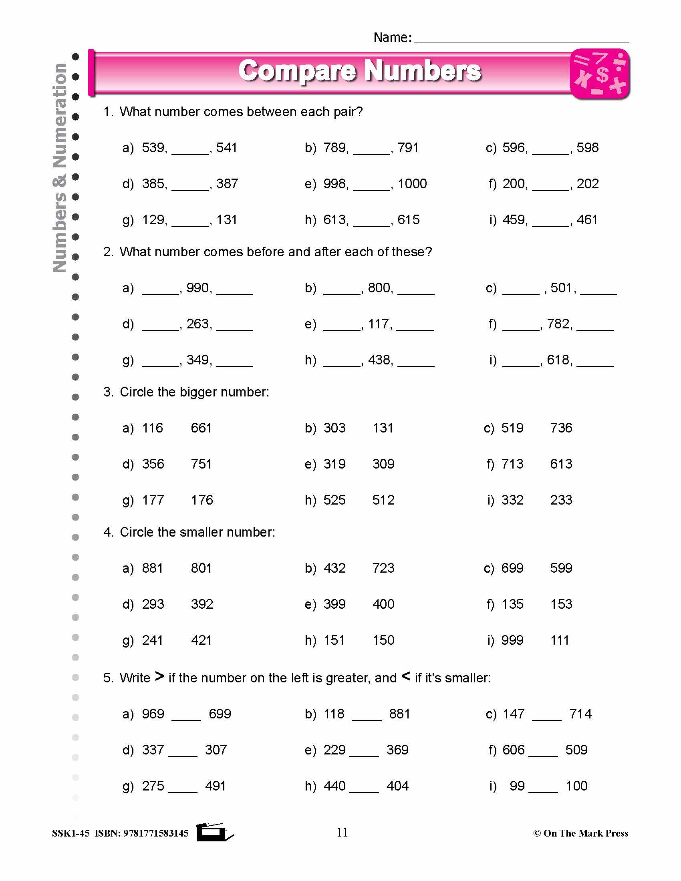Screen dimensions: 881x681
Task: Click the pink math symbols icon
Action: pyautogui.click(x=600, y=74)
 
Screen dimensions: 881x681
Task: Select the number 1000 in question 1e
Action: pyautogui.click(x=412, y=184)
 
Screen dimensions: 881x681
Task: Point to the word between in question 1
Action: pyautogui.click(x=272, y=112)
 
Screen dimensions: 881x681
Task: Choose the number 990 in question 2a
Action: pyautogui.click(x=197, y=288)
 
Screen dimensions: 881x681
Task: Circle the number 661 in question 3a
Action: pyautogui.click(x=201, y=428)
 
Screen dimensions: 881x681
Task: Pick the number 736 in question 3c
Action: pyautogui.click(x=561, y=428)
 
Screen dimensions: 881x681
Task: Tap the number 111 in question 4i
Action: pyautogui.click(x=560, y=640)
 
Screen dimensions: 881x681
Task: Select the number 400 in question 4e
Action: pyautogui.click(x=383, y=604)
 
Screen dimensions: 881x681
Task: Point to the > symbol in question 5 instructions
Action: pyautogui.click(x=159, y=676)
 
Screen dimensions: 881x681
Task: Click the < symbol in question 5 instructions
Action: pyautogui.click(x=406, y=676)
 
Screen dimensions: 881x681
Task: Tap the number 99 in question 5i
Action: pyautogui.click(x=517, y=786)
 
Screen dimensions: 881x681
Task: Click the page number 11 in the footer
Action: pyautogui.click(x=342, y=832)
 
